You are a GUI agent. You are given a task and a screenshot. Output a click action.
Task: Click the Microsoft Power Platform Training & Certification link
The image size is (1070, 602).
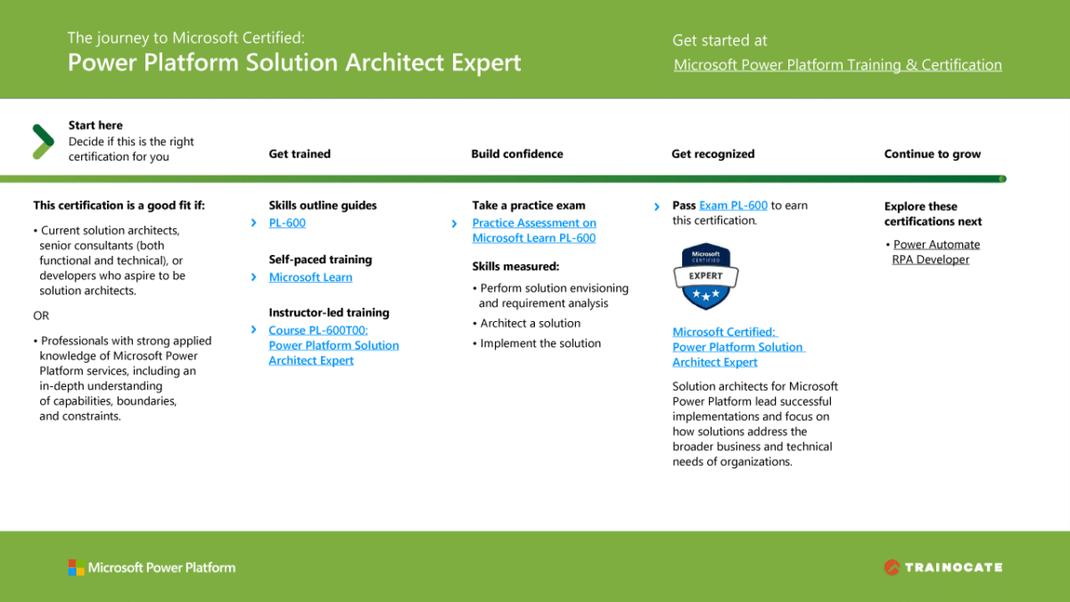pos(837,65)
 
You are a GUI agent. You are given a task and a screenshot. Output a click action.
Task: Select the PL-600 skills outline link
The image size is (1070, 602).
pos(287,223)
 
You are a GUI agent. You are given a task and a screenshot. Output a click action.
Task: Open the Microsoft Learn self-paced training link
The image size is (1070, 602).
pos(310,277)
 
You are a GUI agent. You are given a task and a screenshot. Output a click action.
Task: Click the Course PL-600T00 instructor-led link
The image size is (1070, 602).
pos(333,345)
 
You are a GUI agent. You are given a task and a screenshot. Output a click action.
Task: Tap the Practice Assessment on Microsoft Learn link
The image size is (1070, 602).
pos(533,230)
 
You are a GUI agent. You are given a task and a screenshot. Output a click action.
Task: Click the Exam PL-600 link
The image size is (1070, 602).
pos(733,205)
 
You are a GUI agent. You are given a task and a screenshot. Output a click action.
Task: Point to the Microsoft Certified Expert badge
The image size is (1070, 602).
pos(705,276)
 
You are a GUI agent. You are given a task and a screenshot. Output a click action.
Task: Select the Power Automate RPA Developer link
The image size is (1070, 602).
pos(935,252)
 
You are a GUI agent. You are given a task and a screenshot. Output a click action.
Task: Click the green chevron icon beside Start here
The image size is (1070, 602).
pos(43,141)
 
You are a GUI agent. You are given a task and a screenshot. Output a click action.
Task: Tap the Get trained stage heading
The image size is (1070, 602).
pos(300,153)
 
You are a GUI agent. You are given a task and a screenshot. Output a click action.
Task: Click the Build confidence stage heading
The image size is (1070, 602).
pos(517,153)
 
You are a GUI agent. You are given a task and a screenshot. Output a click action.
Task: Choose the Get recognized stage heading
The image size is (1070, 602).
pos(712,153)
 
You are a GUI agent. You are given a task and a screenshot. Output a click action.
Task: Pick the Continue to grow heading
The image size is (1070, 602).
pos(932,153)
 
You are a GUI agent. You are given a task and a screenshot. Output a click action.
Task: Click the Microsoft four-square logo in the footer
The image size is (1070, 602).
pos(76,567)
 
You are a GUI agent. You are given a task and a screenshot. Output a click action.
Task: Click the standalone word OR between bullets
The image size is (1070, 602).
pos(41,316)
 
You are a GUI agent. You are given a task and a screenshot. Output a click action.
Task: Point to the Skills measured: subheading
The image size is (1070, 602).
pos(515,266)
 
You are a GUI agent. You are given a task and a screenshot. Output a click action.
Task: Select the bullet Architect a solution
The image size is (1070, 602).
pos(530,324)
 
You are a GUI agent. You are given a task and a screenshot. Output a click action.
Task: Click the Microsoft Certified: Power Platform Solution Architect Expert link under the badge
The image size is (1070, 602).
pos(737,347)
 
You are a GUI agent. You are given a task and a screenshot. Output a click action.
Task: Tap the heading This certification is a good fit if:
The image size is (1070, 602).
pos(119,205)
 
